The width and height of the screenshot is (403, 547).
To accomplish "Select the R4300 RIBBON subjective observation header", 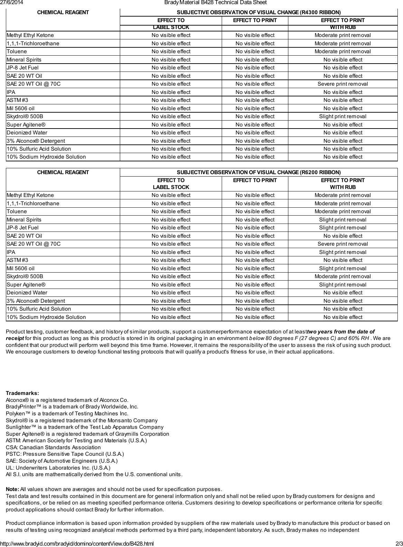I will tap(258, 12).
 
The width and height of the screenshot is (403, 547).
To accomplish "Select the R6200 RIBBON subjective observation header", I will tap(258, 172).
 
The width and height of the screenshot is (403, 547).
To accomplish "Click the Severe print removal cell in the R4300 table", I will tap(343, 84).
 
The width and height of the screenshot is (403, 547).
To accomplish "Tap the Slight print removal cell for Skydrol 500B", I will tap(343, 116).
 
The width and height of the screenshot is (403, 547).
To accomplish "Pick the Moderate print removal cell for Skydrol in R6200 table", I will tap(343, 276).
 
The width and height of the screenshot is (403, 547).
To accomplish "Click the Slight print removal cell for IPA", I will tap(343, 252).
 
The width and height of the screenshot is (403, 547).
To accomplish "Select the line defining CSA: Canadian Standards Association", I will tap(53, 447).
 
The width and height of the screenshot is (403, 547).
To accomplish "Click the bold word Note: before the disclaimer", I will tap(12, 489).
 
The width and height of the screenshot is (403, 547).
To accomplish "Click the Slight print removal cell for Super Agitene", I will tap(343, 285).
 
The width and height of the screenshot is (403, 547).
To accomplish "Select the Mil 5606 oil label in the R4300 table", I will tap(20, 109).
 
